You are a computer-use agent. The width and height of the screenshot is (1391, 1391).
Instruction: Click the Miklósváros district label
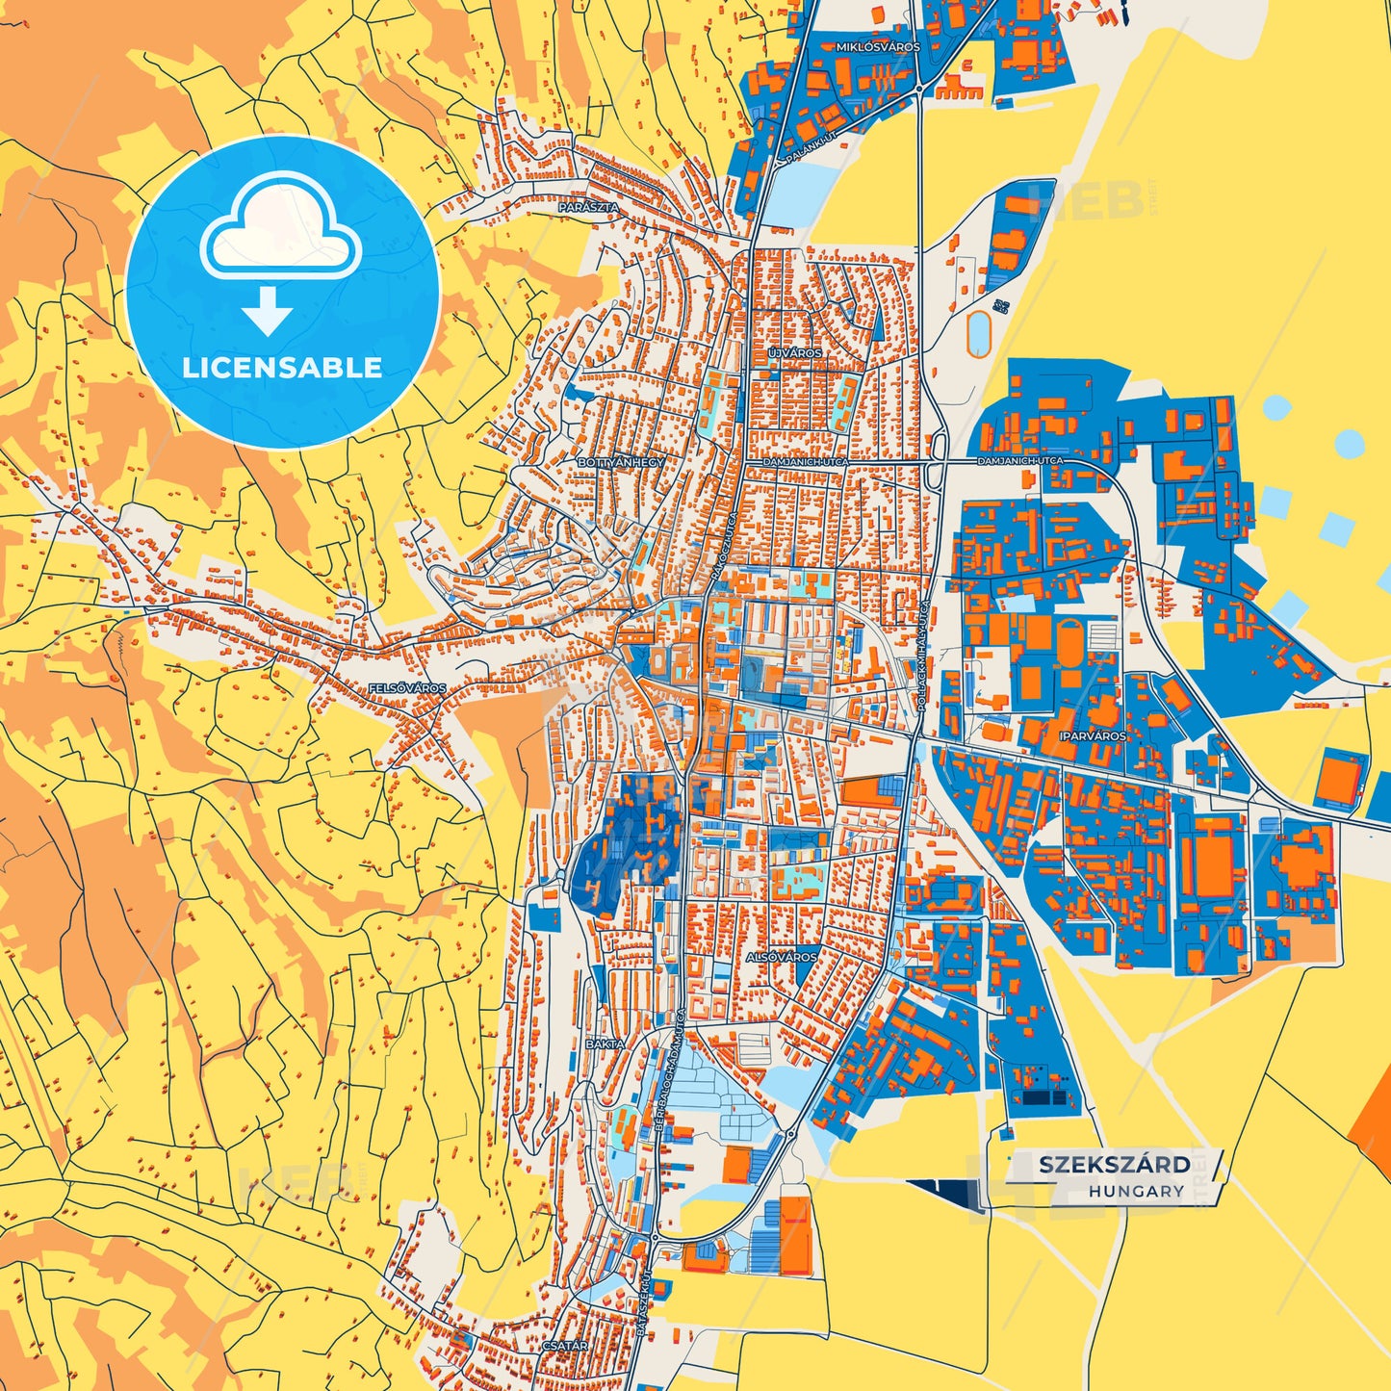point(878,46)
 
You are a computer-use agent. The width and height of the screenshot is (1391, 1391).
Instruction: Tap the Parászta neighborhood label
point(588,206)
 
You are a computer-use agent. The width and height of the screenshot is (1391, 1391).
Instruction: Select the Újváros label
point(795,353)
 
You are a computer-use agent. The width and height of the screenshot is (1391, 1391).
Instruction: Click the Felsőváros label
point(407,688)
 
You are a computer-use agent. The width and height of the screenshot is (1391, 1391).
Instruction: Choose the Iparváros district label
point(1092,735)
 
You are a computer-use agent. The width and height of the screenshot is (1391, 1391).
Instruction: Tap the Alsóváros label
point(781,957)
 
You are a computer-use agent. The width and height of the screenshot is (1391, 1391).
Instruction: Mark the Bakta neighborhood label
point(605,1043)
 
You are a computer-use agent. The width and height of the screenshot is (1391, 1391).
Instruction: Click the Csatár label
point(565,1346)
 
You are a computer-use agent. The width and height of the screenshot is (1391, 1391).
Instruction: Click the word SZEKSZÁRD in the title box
point(1114,1164)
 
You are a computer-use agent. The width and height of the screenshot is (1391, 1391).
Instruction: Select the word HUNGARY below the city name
point(1136,1191)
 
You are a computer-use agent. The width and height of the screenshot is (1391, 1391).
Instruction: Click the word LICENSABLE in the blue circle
point(282,367)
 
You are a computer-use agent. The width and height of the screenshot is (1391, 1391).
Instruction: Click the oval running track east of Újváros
point(979,334)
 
